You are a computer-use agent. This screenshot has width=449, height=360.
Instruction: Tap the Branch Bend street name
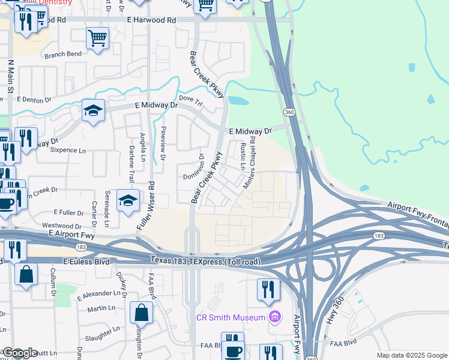pyautogui.click(x=62, y=54)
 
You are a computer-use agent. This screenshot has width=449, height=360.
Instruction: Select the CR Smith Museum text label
pyautogui.click(x=231, y=317)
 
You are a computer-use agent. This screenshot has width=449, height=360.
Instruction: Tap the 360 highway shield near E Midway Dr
pyautogui.click(x=289, y=112)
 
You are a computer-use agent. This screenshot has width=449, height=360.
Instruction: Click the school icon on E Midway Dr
pyautogui.click(x=94, y=110)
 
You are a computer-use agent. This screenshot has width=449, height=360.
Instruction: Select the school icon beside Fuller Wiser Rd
pyautogui.click(x=128, y=201)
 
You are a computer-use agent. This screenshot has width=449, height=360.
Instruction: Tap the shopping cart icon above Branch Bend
pyautogui.click(x=97, y=38)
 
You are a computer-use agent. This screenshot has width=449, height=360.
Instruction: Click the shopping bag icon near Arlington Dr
pyautogui.click(x=141, y=312)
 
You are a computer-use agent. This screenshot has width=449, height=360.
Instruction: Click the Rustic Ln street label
pyautogui.click(x=243, y=155)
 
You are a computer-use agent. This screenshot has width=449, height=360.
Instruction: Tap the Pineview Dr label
pyautogui.click(x=162, y=144)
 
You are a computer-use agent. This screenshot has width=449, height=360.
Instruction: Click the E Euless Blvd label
pyautogui.click(x=87, y=262)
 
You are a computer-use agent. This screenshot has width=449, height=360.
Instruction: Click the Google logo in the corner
pyautogui.click(x=19, y=353)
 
